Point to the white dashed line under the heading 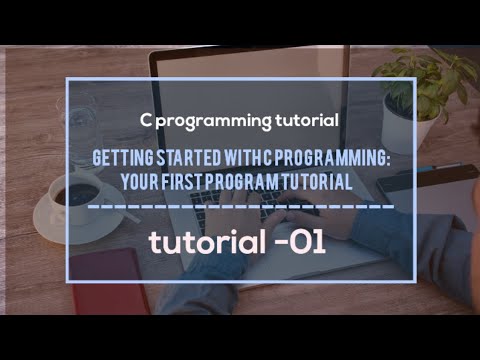[240, 208]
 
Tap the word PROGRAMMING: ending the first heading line [339, 160]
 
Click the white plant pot [405, 130]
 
